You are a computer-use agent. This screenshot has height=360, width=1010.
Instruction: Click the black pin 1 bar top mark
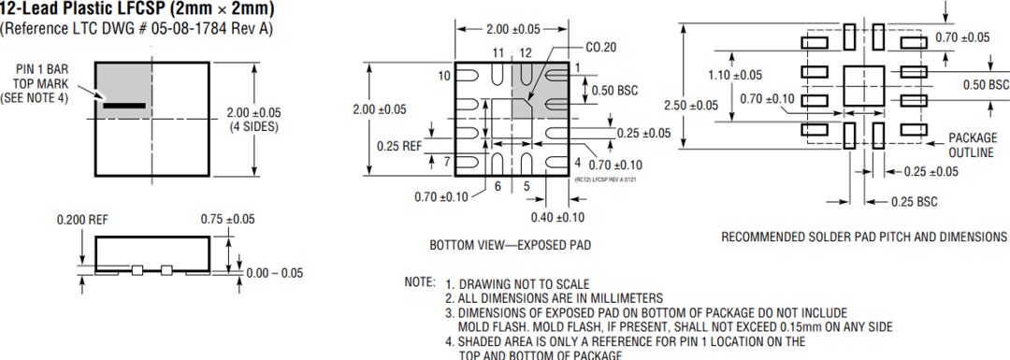point(124,107)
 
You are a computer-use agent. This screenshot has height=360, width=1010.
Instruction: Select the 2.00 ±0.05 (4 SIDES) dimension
point(254,119)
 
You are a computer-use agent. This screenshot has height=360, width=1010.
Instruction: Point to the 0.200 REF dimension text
point(82,219)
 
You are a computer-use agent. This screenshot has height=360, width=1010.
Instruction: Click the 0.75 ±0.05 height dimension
point(227,219)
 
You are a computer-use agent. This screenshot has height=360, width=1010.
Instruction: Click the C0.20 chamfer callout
point(602,46)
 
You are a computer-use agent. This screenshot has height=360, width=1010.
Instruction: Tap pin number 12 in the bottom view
point(526,52)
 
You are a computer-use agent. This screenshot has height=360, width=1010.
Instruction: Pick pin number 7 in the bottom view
point(447,162)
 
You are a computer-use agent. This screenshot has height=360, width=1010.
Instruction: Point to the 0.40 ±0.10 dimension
point(558,218)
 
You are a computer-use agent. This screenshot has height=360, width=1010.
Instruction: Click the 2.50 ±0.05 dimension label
point(690,105)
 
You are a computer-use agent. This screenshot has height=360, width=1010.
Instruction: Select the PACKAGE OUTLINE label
point(972,145)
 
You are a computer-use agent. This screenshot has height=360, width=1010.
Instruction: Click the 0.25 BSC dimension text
point(914,201)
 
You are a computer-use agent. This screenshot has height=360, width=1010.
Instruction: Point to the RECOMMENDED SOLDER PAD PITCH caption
point(864,238)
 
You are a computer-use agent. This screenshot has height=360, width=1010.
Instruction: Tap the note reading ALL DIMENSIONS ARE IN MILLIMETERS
point(554,297)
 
